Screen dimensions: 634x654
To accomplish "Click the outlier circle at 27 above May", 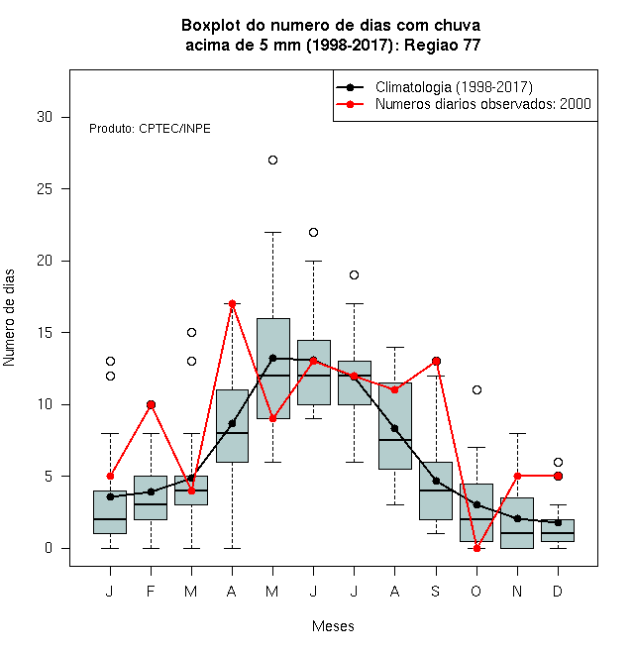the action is pos(272,161).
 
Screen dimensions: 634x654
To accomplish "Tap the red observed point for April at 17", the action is pos(233,303).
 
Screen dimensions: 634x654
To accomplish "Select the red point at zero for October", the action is pos(476,549).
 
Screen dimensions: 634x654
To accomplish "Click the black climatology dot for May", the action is pos(272,359).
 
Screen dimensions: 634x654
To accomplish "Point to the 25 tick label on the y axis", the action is pos(45,189).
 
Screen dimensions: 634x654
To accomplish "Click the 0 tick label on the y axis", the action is pos(49,548).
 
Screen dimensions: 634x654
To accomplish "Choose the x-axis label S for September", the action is pos(436,591).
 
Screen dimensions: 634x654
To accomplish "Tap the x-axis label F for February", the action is pos(151,591).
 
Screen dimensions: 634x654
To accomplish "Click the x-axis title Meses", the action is pos(333,626).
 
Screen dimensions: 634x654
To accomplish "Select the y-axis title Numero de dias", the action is pos(9,318).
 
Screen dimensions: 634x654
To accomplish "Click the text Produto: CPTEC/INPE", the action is pos(150,129).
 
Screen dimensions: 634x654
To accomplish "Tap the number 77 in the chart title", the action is pos(472,45).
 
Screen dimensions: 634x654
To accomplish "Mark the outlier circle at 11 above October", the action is pos(476,390).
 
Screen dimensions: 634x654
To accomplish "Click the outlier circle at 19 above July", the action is pos(354,274).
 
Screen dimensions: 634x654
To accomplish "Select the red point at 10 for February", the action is pos(151,404).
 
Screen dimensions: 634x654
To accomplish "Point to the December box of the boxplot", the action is pos(558,530).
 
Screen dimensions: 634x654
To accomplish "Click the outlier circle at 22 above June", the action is pos(314,232).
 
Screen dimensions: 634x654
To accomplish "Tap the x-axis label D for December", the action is pos(558,591).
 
